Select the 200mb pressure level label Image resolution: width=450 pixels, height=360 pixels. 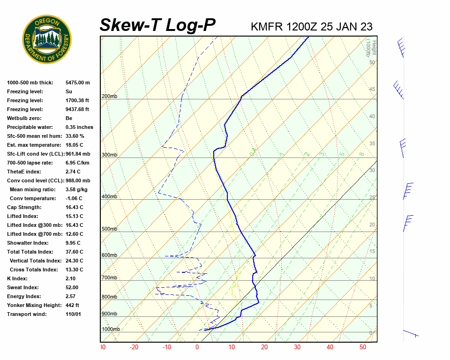109,97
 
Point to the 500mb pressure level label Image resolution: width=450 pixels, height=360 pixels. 109,229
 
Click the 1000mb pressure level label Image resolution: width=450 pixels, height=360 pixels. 111,330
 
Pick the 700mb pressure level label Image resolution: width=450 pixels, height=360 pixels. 109,278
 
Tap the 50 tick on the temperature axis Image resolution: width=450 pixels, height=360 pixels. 363,347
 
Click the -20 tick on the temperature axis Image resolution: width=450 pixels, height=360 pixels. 134,347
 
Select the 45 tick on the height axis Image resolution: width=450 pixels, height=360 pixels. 372,90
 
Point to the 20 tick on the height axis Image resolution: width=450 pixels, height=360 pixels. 372,225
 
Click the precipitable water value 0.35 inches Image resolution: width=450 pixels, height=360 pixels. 79,127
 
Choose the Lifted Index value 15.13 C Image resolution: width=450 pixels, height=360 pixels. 75,216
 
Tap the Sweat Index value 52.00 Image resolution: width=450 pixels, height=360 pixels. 72,287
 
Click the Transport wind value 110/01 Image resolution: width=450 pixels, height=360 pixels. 74,314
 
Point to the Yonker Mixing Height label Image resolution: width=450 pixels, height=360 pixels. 34,305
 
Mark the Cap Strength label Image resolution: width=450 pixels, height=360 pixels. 24,207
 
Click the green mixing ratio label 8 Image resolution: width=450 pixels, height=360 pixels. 361,154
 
